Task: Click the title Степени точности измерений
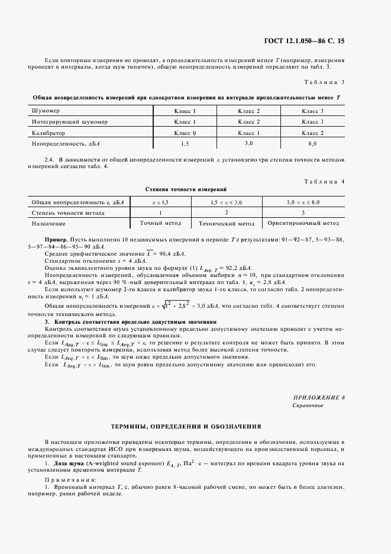coord(186,189)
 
